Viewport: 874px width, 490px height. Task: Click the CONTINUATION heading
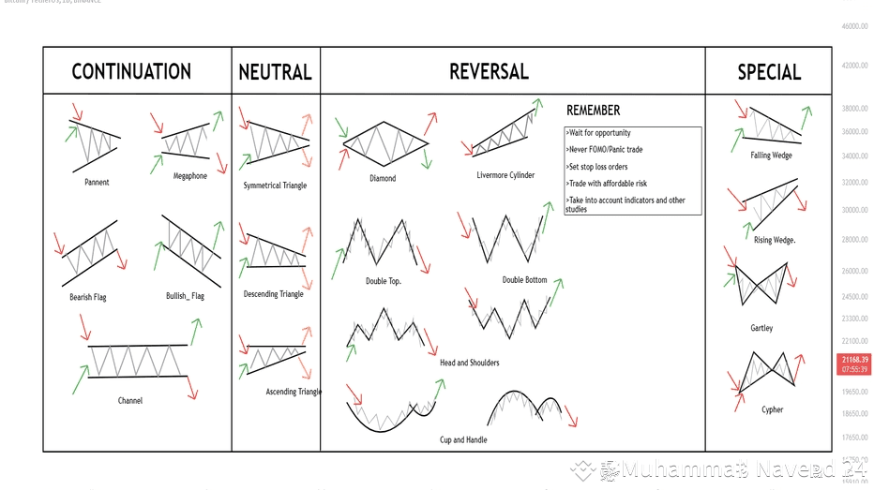click(x=131, y=71)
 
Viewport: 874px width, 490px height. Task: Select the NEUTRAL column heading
click(x=275, y=72)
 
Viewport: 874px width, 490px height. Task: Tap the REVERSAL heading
click(x=489, y=71)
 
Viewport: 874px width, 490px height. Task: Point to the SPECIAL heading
click(x=769, y=72)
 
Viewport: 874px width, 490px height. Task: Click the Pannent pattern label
click(x=97, y=182)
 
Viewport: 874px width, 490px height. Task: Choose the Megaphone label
click(x=190, y=176)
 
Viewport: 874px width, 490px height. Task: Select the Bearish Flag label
click(x=88, y=297)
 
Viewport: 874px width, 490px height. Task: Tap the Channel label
click(x=130, y=400)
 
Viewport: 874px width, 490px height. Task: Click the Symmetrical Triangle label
click(x=275, y=186)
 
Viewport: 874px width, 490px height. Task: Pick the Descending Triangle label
click(x=273, y=294)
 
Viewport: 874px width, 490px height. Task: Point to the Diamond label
click(x=383, y=178)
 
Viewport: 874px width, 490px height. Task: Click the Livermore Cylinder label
click(x=505, y=175)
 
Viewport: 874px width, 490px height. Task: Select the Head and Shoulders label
click(x=469, y=363)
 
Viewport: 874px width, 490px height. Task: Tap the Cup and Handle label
click(x=463, y=439)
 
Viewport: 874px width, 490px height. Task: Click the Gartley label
click(x=761, y=328)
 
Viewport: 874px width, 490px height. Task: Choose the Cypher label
click(x=772, y=409)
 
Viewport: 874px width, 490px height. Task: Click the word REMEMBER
click(x=593, y=111)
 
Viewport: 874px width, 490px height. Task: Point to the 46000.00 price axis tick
click(x=854, y=26)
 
